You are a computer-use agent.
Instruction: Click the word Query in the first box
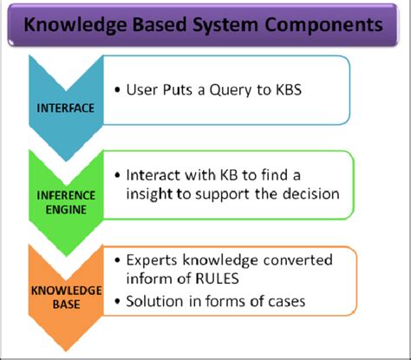(248, 90)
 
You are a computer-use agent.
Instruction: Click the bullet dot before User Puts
(117, 90)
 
